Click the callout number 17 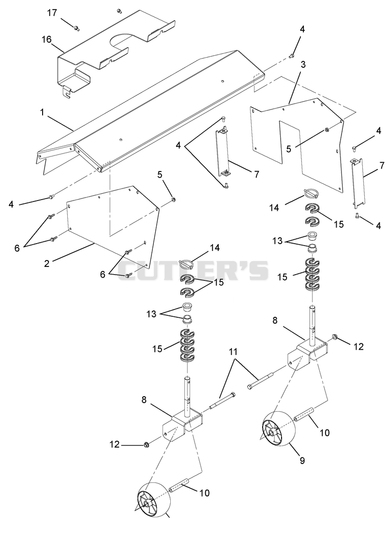[x=52, y=13]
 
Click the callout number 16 [x=46, y=39]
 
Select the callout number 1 [x=42, y=113]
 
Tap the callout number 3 [x=303, y=64]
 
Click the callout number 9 [x=302, y=461]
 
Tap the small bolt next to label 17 [x=76, y=28]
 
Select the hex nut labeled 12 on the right [x=335, y=336]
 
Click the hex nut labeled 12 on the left [x=146, y=444]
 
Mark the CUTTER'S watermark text [x=193, y=270]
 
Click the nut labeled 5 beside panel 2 [x=173, y=200]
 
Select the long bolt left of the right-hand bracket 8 [x=261, y=380]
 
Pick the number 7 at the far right [x=382, y=165]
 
